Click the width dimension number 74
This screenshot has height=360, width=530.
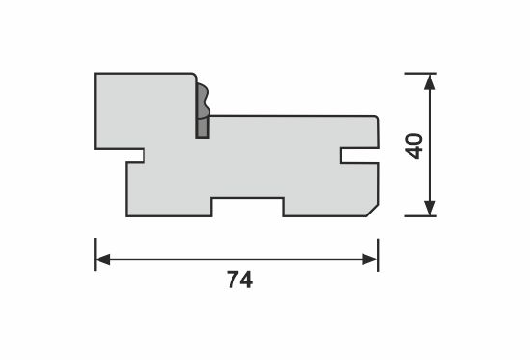pos(240,280)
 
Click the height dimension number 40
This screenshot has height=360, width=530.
pos(414,146)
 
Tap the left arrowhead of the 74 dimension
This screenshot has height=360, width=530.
pos(102,259)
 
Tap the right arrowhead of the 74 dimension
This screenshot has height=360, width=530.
pos(370,259)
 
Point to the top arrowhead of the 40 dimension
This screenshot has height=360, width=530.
pos(430,81)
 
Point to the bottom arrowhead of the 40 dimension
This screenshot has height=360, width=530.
pos(430,208)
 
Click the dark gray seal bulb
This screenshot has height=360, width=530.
pos(203,101)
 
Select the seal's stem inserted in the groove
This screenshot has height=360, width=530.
pos(202,127)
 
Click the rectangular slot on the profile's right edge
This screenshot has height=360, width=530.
pos(360,156)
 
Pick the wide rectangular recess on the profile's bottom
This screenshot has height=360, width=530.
pos(248,207)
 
